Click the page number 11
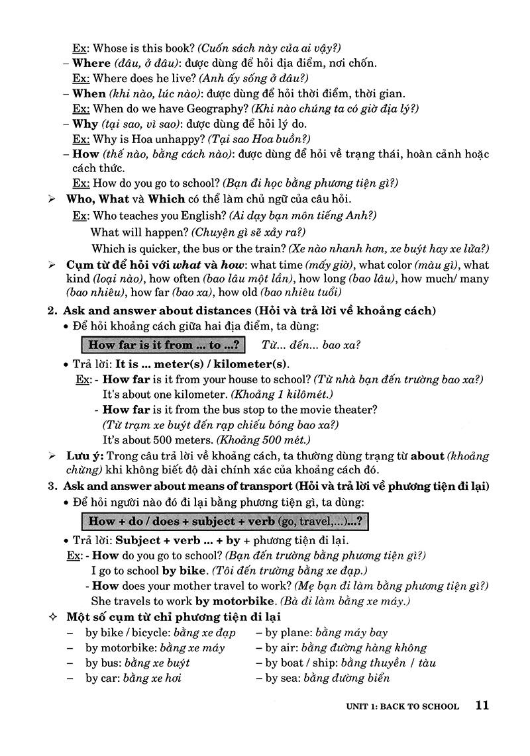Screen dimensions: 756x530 pyautogui.click(x=482, y=705)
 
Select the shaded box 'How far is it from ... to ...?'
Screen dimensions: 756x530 pyautogui.click(x=163, y=345)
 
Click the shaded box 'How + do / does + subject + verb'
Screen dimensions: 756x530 pyautogui.click(x=224, y=520)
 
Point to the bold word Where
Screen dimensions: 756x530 pyautogui.click(x=91, y=63)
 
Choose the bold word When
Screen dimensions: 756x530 pyautogui.click(x=89, y=93)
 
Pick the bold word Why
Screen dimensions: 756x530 pyautogui.click(x=85, y=124)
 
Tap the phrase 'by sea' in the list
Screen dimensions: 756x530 pyautogui.click(x=281, y=678)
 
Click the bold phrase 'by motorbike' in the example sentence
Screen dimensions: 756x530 pyautogui.click(x=235, y=601)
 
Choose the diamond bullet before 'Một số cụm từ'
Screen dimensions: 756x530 pyautogui.click(x=53, y=618)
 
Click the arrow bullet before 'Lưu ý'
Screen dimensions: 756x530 pyautogui.click(x=52, y=457)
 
